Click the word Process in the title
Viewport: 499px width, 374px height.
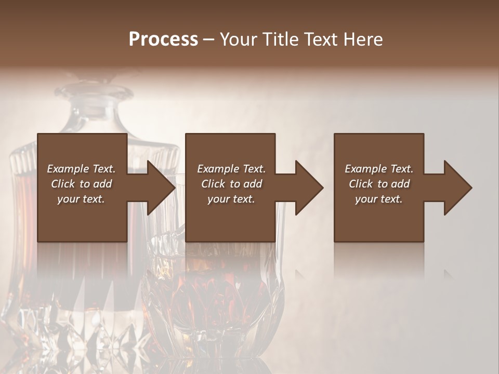click(x=163, y=39)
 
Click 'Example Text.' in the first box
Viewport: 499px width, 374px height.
click(x=81, y=169)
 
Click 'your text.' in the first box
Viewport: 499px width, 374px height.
click(x=81, y=199)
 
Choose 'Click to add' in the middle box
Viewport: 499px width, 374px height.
click(x=231, y=184)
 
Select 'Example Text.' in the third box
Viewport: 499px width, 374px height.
click(x=379, y=169)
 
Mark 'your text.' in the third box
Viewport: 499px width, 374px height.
click(x=379, y=199)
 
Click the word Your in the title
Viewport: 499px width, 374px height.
click(x=237, y=39)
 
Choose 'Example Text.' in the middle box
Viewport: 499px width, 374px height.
click(x=231, y=169)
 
